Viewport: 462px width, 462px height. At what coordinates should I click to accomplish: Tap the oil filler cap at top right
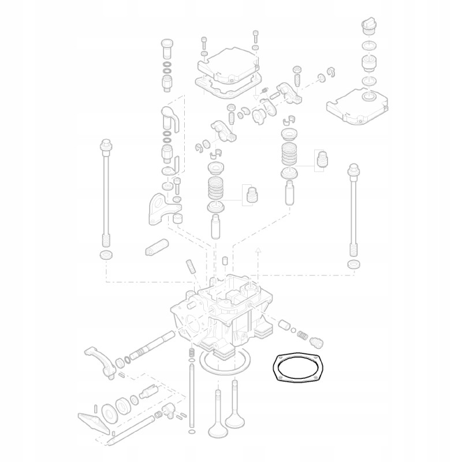pyautogui.click(x=367, y=27)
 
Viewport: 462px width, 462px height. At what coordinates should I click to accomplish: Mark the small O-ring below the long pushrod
pyautogui.click(x=192, y=432)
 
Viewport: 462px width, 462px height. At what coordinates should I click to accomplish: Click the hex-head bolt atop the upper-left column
pyautogui.click(x=167, y=46)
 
